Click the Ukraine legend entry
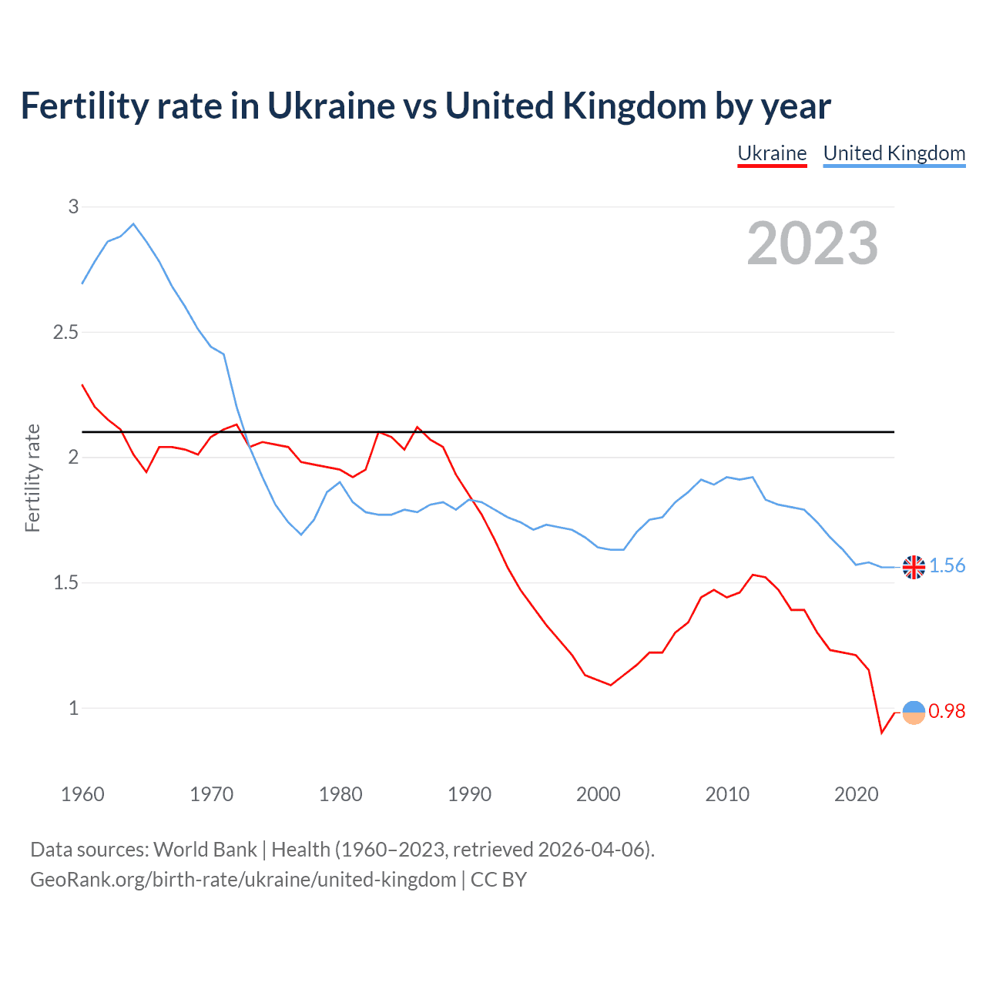pos(772,153)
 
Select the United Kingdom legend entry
pos(894,153)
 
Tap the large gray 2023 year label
pos(813,243)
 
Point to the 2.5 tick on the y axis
pos(65,332)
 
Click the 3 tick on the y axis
pos(73,206)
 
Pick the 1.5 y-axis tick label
pos(65,582)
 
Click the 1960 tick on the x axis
pos(82,794)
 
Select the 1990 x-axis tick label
pos(469,794)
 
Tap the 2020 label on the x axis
pos(856,794)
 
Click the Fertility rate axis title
pos(32,478)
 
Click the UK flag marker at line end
pos(914,567)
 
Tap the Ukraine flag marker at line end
pos(914,713)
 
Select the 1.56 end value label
pos(947,566)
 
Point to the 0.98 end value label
pos(947,712)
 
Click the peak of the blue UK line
pos(133,224)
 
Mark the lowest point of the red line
pos(881,732)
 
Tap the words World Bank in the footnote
pos(205,850)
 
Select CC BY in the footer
pos(498,880)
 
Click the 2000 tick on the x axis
pos(598,794)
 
